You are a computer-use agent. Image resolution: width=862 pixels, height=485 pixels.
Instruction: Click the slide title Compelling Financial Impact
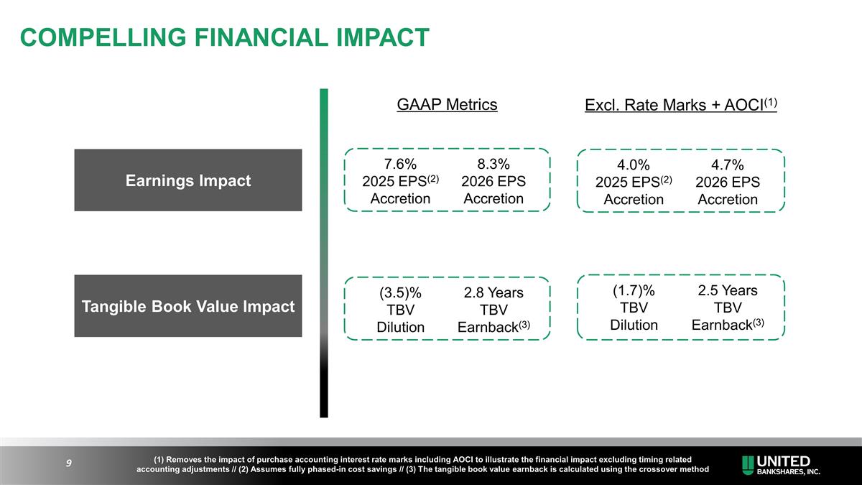pos(225,37)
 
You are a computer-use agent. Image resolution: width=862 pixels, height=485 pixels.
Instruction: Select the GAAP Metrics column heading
pos(447,105)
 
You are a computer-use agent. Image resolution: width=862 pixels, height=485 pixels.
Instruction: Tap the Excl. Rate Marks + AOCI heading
pos(681,106)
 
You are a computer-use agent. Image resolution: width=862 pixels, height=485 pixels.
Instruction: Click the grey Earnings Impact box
pos(188,180)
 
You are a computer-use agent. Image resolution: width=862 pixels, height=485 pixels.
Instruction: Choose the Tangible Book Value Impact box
pos(188,307)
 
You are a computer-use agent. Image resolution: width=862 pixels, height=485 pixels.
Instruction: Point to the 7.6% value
pos(399,163)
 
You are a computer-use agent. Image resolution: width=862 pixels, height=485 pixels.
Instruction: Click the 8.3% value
pos(493,163)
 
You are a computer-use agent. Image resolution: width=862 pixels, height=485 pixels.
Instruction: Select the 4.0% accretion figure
pos(634,165)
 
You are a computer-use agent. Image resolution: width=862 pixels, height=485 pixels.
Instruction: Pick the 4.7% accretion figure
pos(727,165)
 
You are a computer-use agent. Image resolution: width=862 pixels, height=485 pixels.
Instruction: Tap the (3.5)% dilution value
pos(400,293)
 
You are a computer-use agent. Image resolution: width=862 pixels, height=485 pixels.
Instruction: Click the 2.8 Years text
pos(493,293)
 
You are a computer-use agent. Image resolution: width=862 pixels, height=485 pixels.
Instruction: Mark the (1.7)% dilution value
pos(634,291)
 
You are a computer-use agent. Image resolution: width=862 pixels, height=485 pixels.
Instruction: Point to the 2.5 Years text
pos(727,291)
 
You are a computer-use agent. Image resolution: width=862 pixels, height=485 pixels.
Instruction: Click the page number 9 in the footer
pos(68,463)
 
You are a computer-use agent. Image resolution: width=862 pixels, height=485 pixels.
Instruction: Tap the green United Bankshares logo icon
pos(749,464)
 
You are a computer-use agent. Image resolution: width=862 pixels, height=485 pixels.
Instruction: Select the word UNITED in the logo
pos(784,461)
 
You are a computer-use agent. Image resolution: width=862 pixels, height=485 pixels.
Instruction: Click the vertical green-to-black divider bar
pos(324,251)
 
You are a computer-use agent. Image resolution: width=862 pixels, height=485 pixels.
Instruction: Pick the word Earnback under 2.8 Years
pos(488,328)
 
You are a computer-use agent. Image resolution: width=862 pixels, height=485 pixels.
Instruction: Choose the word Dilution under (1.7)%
pos(634,325)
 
